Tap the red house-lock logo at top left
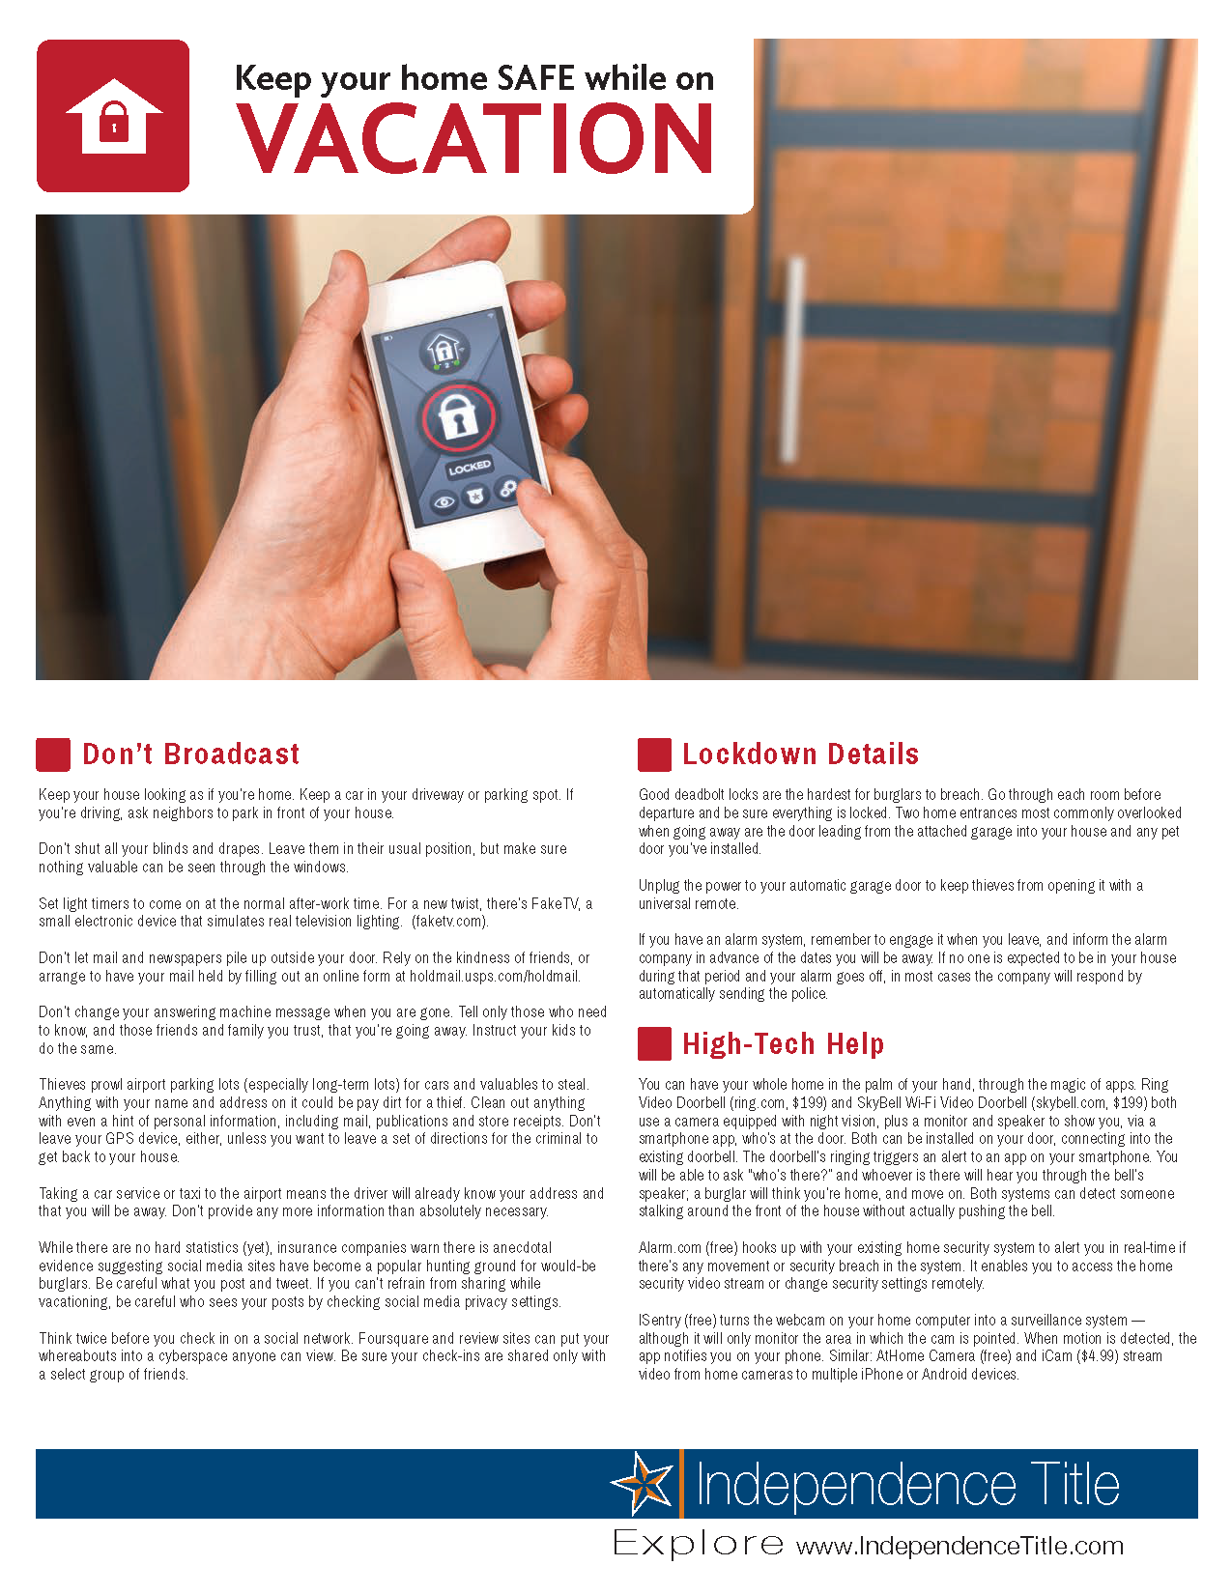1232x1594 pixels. (x=113, y=116)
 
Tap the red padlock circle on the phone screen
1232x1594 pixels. (x=458, y=417)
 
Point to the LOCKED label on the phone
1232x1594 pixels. (x=470, y=468)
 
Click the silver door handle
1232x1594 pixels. (x=794, y=357)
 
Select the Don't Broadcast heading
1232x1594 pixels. (x=191, y=754)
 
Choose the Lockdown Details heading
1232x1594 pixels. (x=800, y=754)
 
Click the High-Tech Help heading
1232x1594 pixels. (x=783, y=1044)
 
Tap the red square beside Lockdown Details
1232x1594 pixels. (x=654, y=754)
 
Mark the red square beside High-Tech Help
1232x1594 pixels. (x=654, y=1044)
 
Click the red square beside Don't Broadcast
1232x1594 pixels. (x=53, y=754)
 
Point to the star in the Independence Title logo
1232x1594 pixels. (x=643, y=1484)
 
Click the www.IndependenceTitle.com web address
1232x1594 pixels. (x=960, y=1546)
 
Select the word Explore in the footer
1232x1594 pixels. (x=698, y=1544)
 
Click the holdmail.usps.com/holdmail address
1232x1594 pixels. (x=495, y=977)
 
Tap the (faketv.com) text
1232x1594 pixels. (x=450, y=922)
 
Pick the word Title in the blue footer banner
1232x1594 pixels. (x=1074, y=1485)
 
